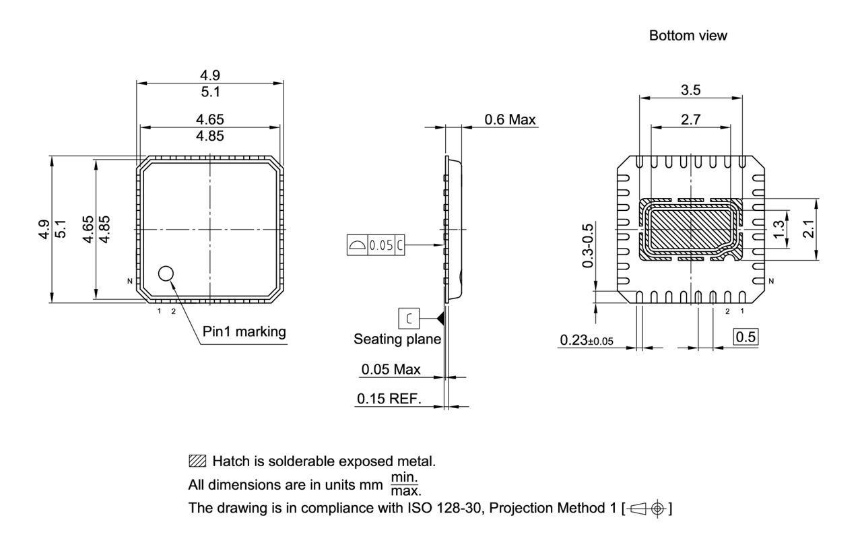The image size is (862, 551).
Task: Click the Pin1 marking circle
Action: [166, 273]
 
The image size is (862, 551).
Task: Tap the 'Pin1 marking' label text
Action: [244, 331]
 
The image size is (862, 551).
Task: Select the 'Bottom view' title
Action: [688, 36]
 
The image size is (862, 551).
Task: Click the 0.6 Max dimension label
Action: [510, 120]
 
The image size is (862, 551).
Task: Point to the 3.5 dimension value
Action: [690, 89]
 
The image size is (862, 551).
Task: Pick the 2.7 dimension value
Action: [690, 120]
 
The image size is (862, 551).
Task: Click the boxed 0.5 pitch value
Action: [745, 337]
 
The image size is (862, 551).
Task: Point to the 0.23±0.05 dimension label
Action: [587, 341]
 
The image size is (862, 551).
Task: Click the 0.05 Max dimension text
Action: [391, 369]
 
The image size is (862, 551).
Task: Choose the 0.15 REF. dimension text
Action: [389, 399]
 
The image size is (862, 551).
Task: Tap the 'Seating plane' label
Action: [397, 339]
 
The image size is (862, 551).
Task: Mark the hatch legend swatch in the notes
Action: [198, 462]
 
